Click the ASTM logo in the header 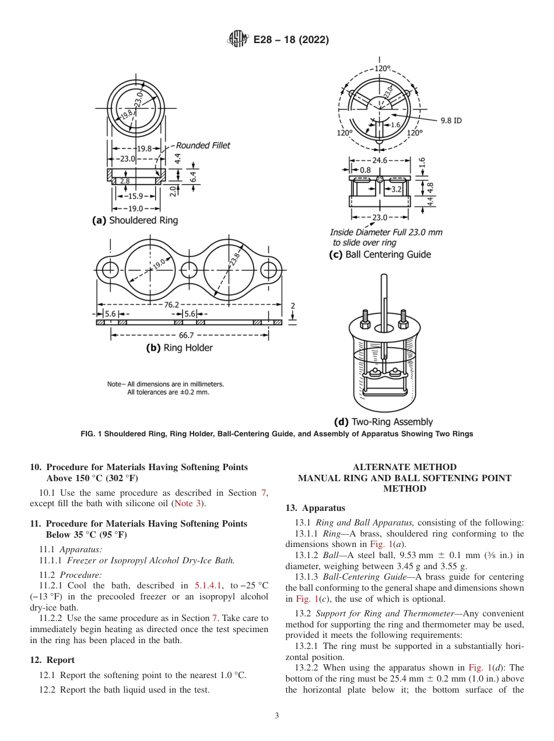237,40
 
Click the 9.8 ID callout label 450,121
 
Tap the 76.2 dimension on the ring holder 171,304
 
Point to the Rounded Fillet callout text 203,146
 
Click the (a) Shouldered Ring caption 135,220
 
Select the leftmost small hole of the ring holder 108,270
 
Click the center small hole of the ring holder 188,270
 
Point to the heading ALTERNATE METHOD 405,467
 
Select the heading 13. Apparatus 315,508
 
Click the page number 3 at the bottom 277,716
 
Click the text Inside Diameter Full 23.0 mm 386,232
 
